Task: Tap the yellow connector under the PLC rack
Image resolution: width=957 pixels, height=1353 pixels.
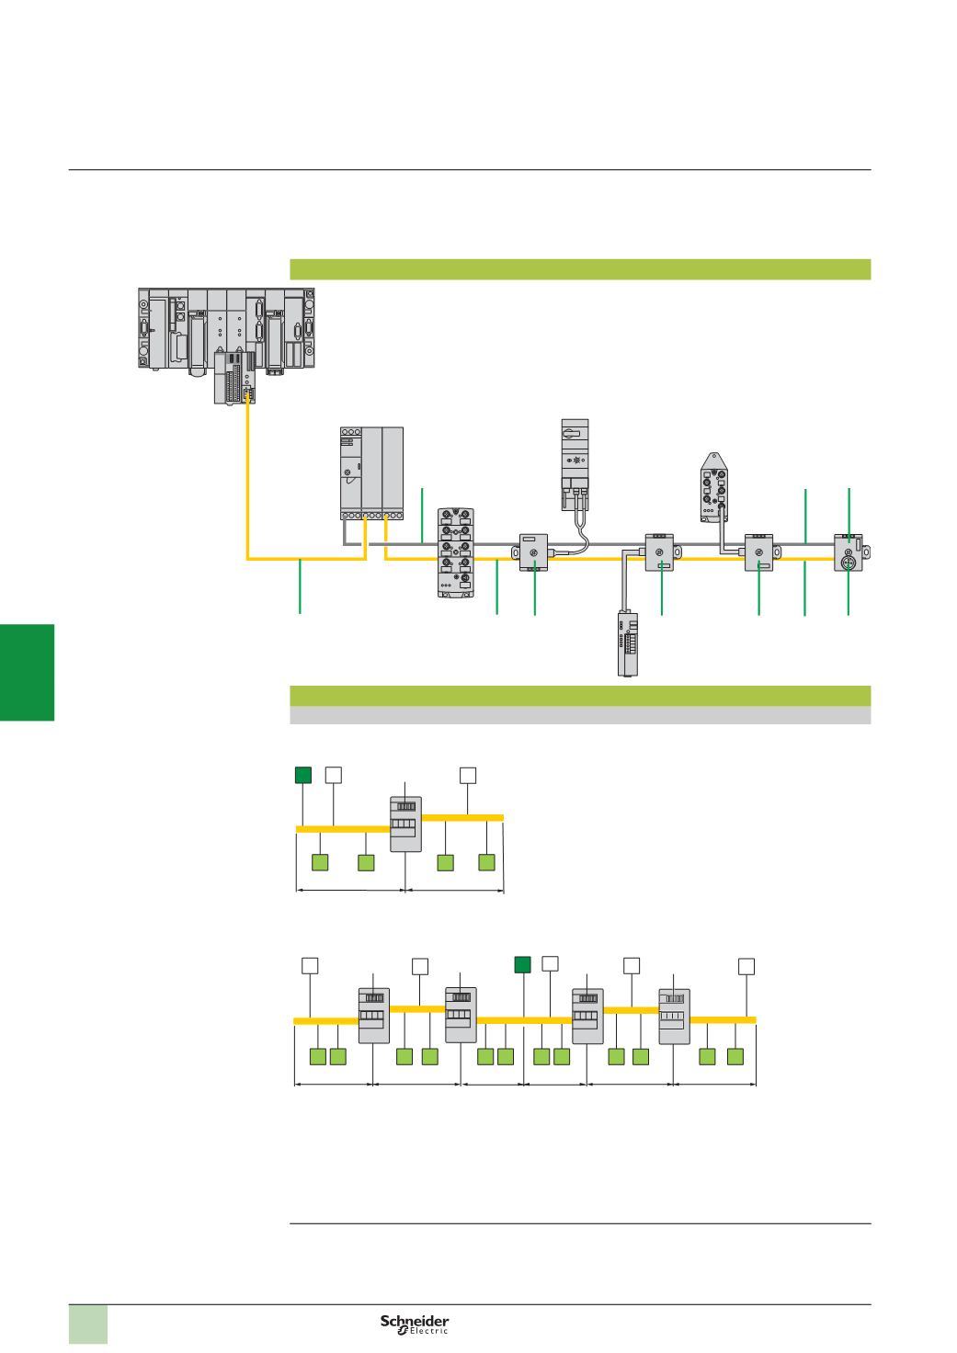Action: [x=247, y=393]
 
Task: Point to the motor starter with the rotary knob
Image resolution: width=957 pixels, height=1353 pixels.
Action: [x=575, y=464]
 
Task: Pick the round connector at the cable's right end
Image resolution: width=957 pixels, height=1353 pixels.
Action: [x=849, y=554]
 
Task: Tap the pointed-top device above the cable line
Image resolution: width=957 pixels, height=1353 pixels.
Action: [x=714, y=487]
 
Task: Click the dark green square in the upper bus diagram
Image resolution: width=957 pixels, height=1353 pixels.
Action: [x=302, y=775]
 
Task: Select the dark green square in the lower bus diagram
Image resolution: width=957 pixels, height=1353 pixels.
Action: [x=523, y=964]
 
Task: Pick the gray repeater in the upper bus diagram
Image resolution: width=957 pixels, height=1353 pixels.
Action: [x=405, y=824]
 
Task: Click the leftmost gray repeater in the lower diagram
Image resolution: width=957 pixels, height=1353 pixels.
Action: [x=373, y=1016]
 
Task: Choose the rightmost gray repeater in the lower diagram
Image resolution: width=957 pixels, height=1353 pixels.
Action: [x=675, y=1016]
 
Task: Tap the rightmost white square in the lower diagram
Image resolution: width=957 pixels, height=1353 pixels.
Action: [x=746, y=965]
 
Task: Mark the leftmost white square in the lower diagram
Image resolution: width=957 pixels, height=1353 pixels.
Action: [x=311, y=965]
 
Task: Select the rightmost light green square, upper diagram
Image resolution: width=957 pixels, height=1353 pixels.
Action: [x=487, y=862]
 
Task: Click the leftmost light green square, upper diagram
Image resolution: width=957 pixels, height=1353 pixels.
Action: [x=320, y=862]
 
